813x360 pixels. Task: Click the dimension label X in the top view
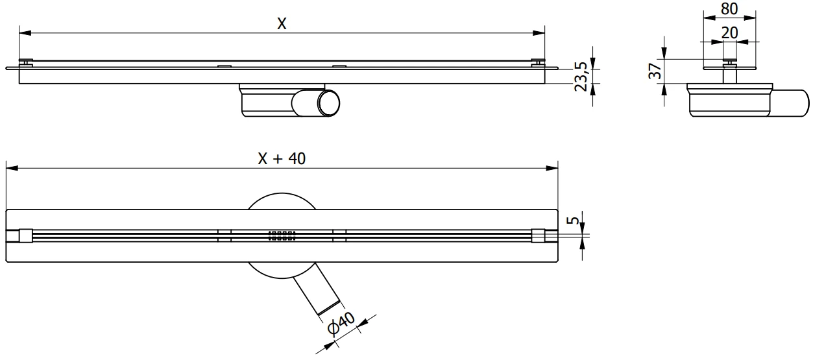(282, 23)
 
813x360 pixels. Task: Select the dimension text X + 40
(282, 159)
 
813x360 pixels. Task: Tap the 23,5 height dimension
(581, 77)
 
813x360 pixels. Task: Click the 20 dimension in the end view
(731, 32)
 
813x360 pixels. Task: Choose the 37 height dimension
(655, 71)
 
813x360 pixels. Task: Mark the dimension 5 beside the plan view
(572, 221)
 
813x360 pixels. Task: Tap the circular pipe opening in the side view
(328, 104)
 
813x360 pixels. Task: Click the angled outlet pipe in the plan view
(314, 292)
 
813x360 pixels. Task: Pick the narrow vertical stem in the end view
(731, 74)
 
